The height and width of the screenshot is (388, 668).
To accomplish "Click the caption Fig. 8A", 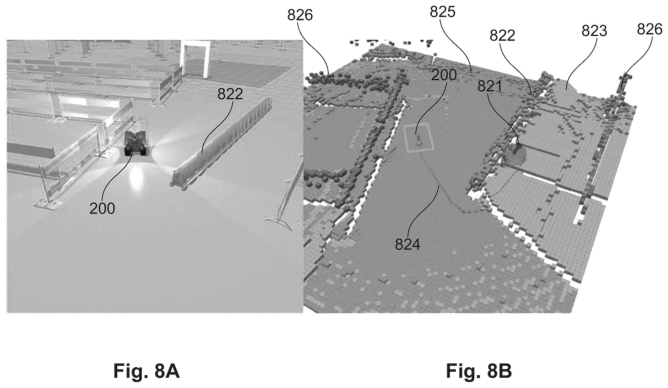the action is click(x=147, y=371).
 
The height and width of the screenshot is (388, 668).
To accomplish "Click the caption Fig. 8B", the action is click(x=479, y=371).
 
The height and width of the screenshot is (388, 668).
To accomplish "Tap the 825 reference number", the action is click(x=443, y=12).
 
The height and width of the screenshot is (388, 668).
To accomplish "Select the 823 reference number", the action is click(x=594, y=31).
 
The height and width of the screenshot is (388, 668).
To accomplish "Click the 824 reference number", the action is click(x=408, y=245).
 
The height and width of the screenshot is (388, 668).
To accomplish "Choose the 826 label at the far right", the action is click(x=650, y=29).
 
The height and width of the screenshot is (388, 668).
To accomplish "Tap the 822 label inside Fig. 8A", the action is click(x=230, y=94).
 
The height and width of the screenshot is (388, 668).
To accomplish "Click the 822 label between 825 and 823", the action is click(x=503, y=36).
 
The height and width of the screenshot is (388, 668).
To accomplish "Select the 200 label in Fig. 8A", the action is click(x=102, y=209).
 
